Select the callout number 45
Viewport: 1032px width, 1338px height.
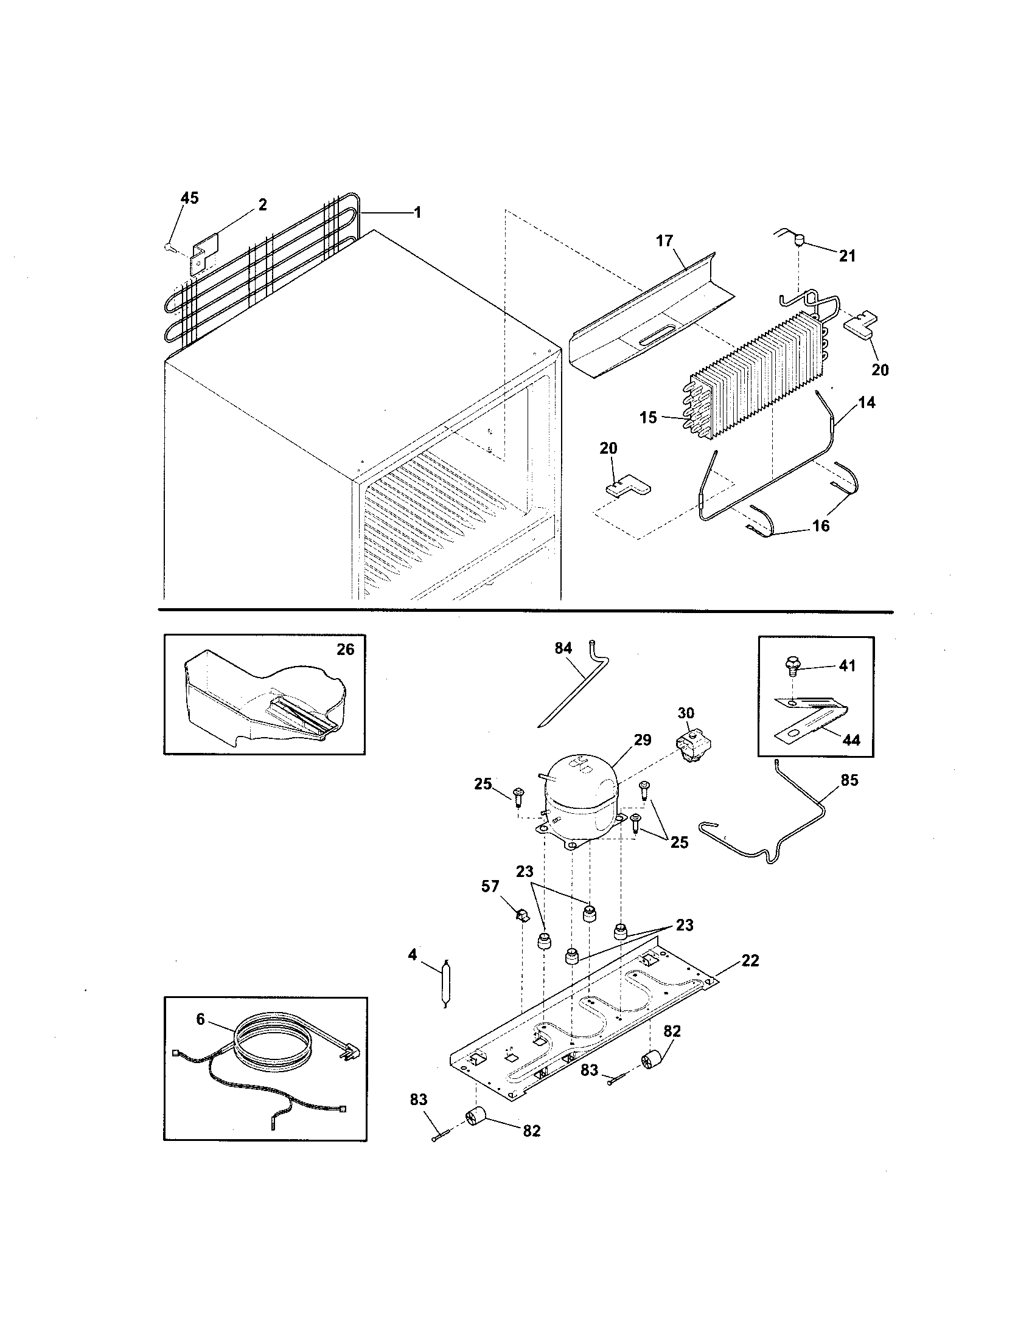(189, 198)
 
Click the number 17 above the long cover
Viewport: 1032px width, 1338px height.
(665, 241)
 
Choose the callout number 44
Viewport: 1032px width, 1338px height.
(851, 740)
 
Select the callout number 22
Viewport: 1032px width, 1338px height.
(750, 960)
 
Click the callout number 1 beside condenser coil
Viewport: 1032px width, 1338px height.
(417, 213)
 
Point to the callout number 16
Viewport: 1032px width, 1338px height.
(821, 525)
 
